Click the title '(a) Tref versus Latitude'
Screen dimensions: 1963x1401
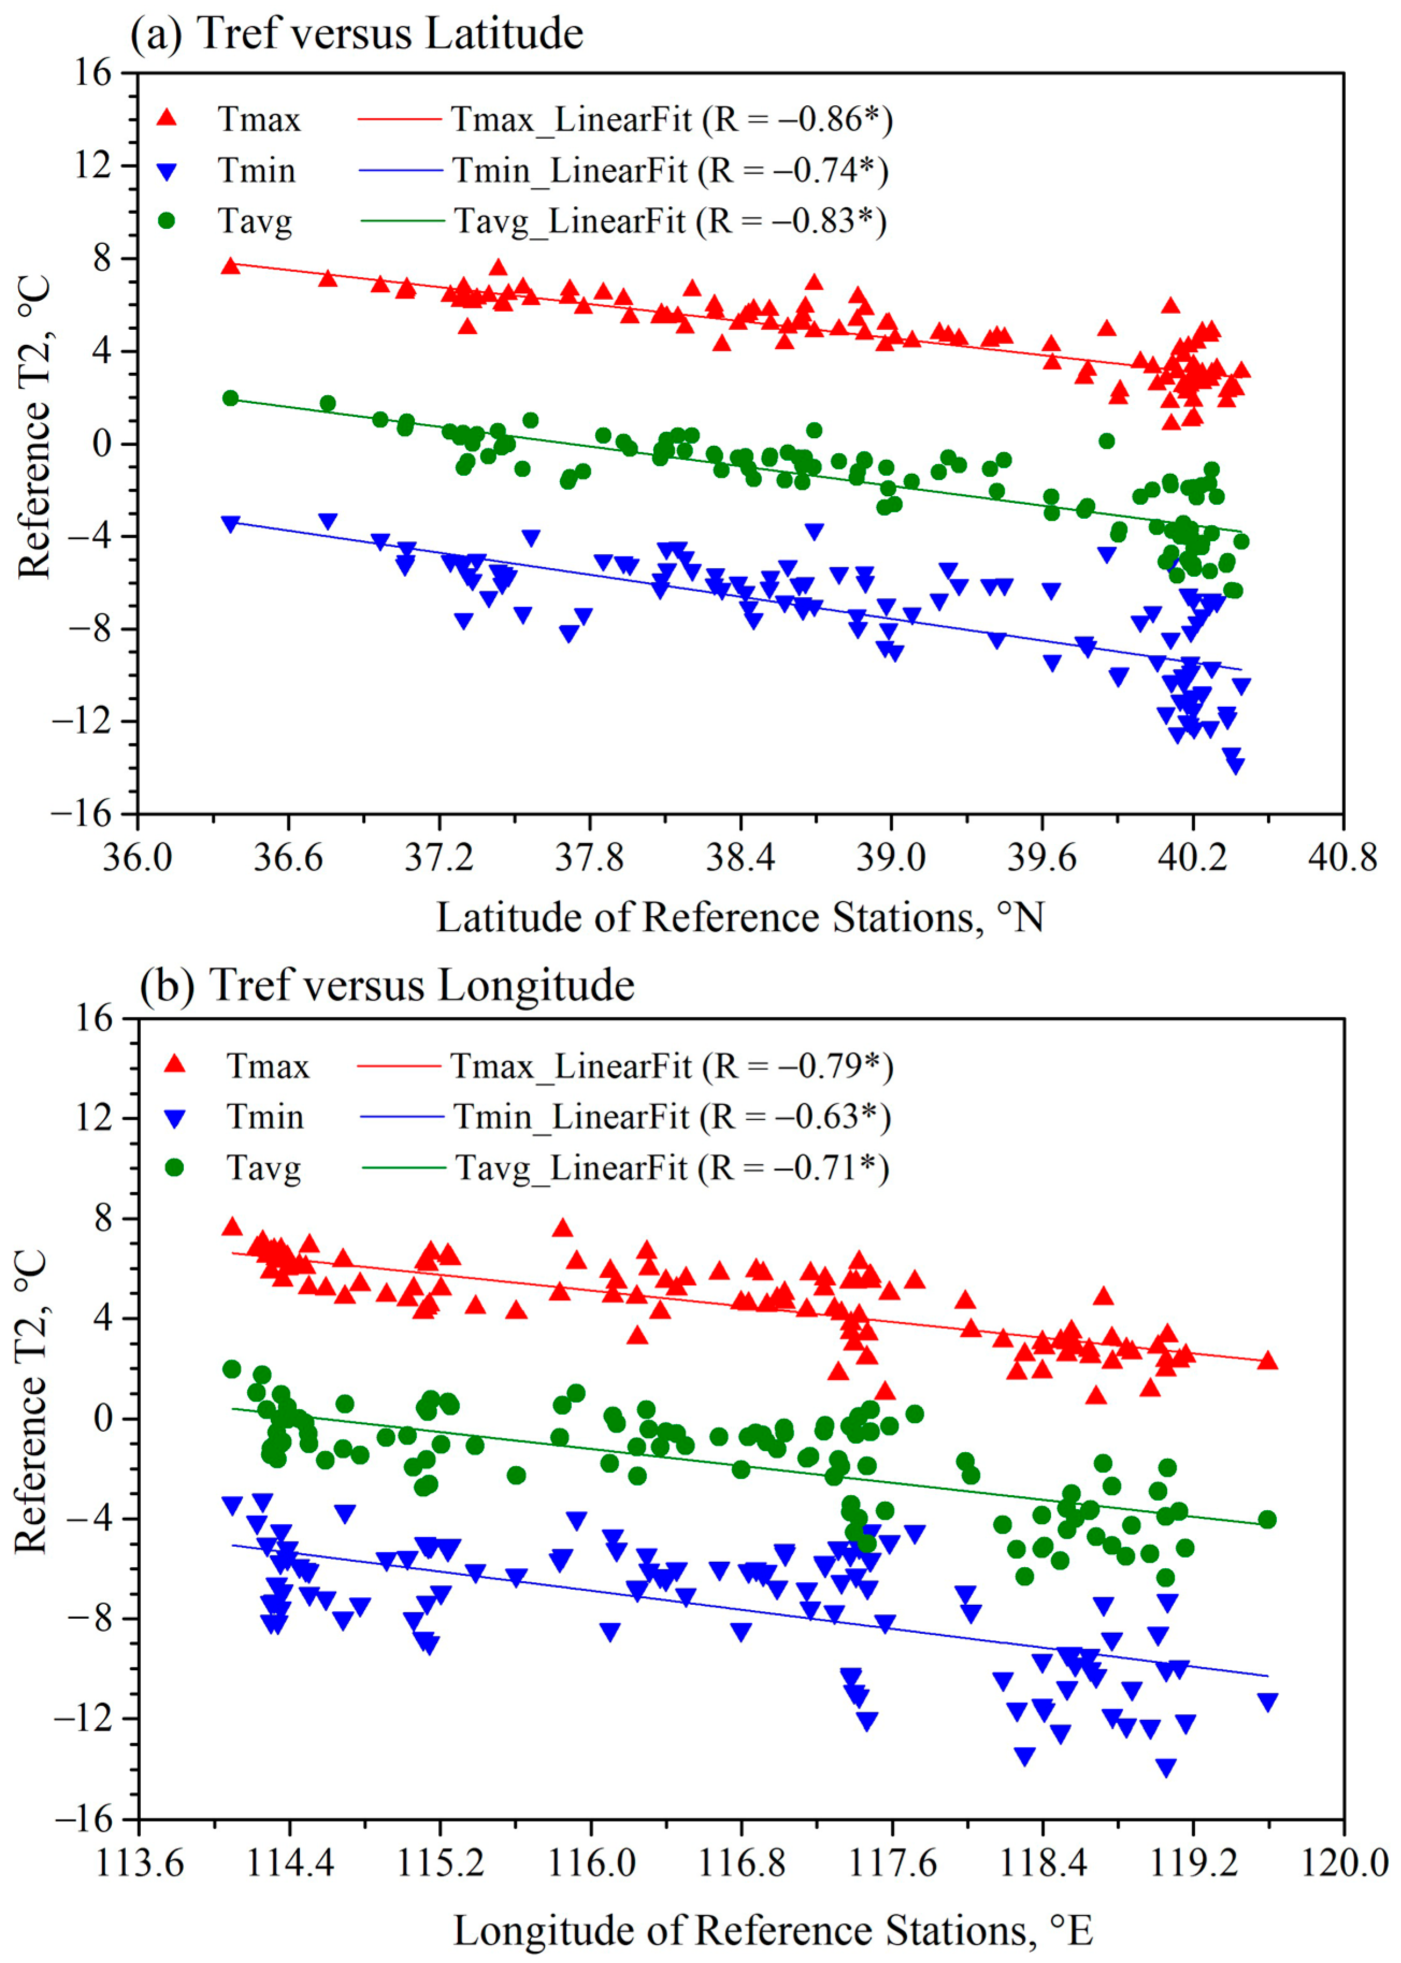click(356, 34)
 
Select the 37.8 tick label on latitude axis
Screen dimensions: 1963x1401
click(589, 858)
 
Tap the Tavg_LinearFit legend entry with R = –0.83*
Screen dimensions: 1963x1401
click(669, 221)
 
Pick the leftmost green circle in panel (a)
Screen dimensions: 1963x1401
click(230, 397)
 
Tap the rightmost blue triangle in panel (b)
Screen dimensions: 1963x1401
click(1266, 1701)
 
